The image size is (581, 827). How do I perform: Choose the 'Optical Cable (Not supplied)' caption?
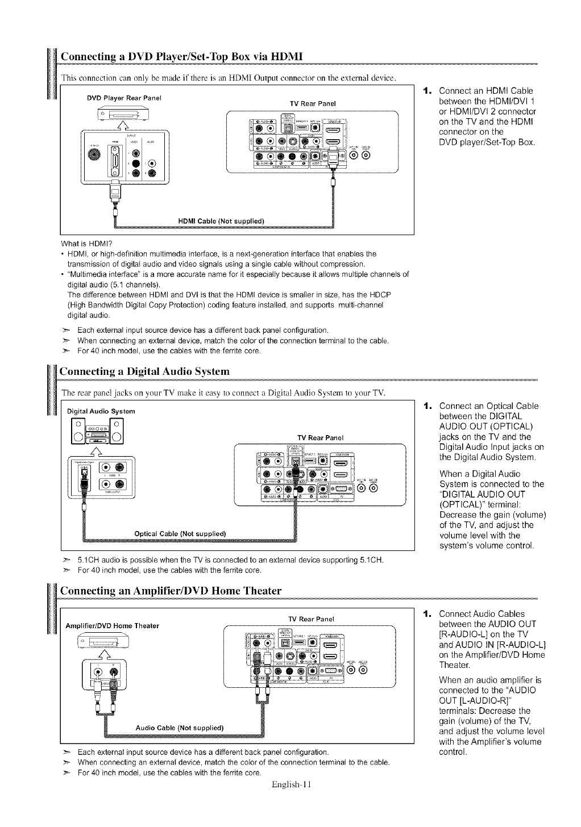click(x=180, y=533)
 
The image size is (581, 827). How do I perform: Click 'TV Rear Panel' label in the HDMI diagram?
click(x=313, y=103)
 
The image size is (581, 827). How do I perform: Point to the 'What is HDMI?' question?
click(x=86, y=244)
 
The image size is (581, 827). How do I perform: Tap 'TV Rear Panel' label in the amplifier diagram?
click(x=310, y=619)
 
